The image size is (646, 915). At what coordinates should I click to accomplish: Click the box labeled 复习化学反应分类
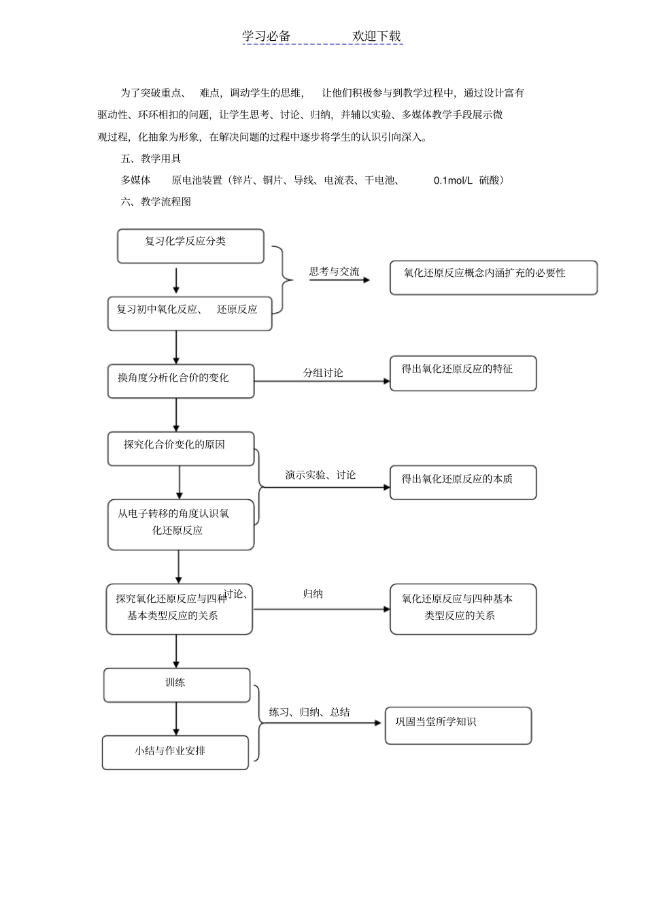190,246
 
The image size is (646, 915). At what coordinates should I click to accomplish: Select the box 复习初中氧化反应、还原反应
190,313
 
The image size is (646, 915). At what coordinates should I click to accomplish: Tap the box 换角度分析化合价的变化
181,381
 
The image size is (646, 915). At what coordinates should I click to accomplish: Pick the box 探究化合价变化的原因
181,448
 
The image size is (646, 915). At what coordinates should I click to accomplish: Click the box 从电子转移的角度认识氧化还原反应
181,525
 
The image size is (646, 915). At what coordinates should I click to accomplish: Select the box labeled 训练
177,684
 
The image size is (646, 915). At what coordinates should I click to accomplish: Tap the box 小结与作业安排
175,752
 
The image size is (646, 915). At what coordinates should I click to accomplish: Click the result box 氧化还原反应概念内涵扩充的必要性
493,278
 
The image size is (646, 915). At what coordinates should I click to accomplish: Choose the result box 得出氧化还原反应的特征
463,373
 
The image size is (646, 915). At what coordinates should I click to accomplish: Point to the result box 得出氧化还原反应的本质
463,482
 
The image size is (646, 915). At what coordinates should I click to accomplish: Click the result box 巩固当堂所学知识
458,725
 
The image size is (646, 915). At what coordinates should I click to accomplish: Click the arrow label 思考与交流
334,271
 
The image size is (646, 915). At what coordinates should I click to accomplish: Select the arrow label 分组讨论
323,373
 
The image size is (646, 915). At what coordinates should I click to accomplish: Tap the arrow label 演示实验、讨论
320,475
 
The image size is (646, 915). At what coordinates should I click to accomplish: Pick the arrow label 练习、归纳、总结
309,712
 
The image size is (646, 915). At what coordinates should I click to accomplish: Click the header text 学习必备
267,36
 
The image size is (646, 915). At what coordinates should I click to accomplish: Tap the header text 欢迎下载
377,36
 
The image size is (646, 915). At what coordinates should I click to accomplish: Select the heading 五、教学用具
151,159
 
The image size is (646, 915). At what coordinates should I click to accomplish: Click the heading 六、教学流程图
156,201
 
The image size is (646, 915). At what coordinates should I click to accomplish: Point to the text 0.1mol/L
453,180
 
